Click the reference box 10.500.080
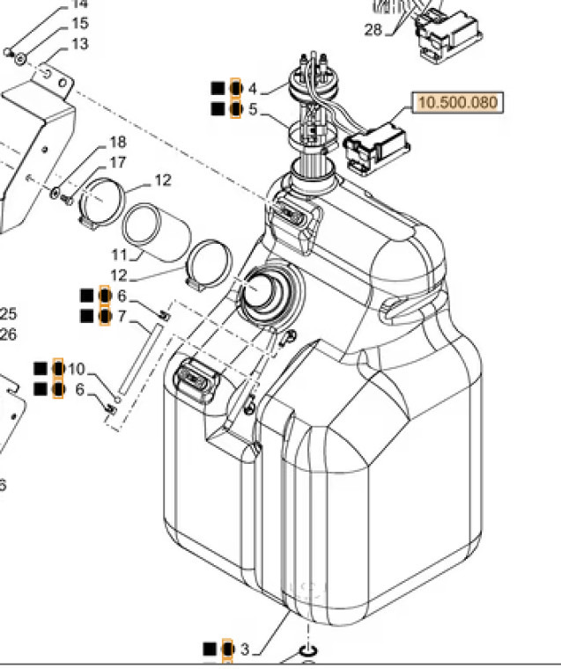457,103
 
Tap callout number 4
253,89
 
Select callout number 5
253,110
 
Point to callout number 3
245,650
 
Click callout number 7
122,316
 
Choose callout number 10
77,369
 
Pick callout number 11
120,254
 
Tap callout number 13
79,44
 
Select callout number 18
117,143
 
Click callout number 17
117,163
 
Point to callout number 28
373,31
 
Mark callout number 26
8,334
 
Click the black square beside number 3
210,650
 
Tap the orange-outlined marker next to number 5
235,109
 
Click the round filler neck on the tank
262,291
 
